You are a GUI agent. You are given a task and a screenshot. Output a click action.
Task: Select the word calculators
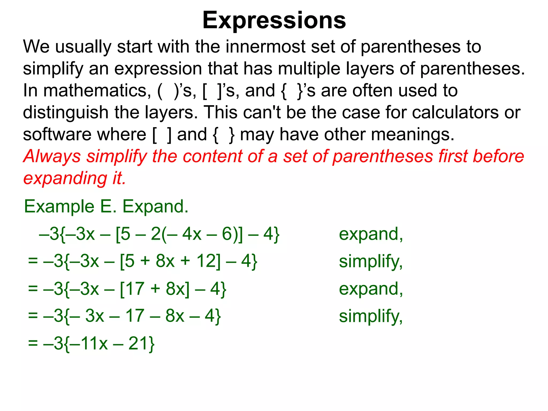pos(455,112)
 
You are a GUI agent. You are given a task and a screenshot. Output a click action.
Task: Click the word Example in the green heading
pos(59,207)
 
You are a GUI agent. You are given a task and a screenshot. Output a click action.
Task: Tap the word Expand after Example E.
pos(155,207)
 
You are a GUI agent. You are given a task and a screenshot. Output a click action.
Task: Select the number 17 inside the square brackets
pos(135,289)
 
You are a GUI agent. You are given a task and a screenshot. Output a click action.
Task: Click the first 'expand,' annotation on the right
pos(371,234)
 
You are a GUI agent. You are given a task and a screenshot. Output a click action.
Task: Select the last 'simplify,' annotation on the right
pos(371,316)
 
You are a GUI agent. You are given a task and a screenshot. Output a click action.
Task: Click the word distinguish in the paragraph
pos(65,112)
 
